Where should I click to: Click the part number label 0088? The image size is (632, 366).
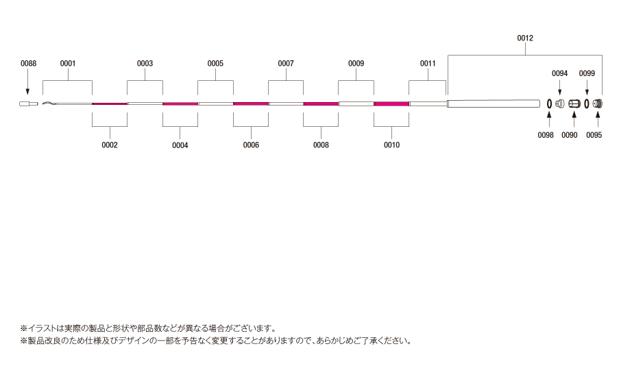pyautogui.click(x=28, y=63)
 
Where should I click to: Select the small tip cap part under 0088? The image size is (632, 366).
pyautogui.click(x=29, y=104)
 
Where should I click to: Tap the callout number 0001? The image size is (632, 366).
pyautogui.click(x=68, y=63)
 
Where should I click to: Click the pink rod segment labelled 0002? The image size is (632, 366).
pyautogui.click(x=110, y=104)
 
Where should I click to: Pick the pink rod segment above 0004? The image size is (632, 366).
pyautogui.click(x=180, y=104)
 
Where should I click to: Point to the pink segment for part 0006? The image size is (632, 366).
pyautogui.click(x=251, y=104)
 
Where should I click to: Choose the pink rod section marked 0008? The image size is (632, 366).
pyautogui.click(x=321, y=104)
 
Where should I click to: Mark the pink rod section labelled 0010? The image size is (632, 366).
pyautogui.click(x=391, y=104)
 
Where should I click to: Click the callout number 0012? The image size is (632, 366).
pyautogui.click(x=525, y=38)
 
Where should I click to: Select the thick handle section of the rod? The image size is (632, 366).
pyautogui.click(x=494, y=103)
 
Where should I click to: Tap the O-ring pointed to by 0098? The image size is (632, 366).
pyautogui.click(x=549, y=103)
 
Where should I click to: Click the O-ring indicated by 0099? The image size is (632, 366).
pyautogui.click(x=587, y=103)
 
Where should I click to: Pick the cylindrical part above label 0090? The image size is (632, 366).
pyautogui.click(x=574, y=104)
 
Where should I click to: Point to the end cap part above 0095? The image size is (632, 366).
pyautogui.click(x=598, y=103)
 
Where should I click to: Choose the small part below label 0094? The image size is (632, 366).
pyautogui.click(x=560, y=103)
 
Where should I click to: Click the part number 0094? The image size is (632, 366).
pyautogui.click(x=559, y=73)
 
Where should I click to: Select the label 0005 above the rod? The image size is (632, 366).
pyautogui.click(x=215, y=63)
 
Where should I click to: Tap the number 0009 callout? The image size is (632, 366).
pyautogui.click(x=356, y=63)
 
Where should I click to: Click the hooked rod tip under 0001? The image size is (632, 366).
pyautogui.click(x=49, y=103)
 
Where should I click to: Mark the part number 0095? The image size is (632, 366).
pyautogui.click(x=594, y=135)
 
